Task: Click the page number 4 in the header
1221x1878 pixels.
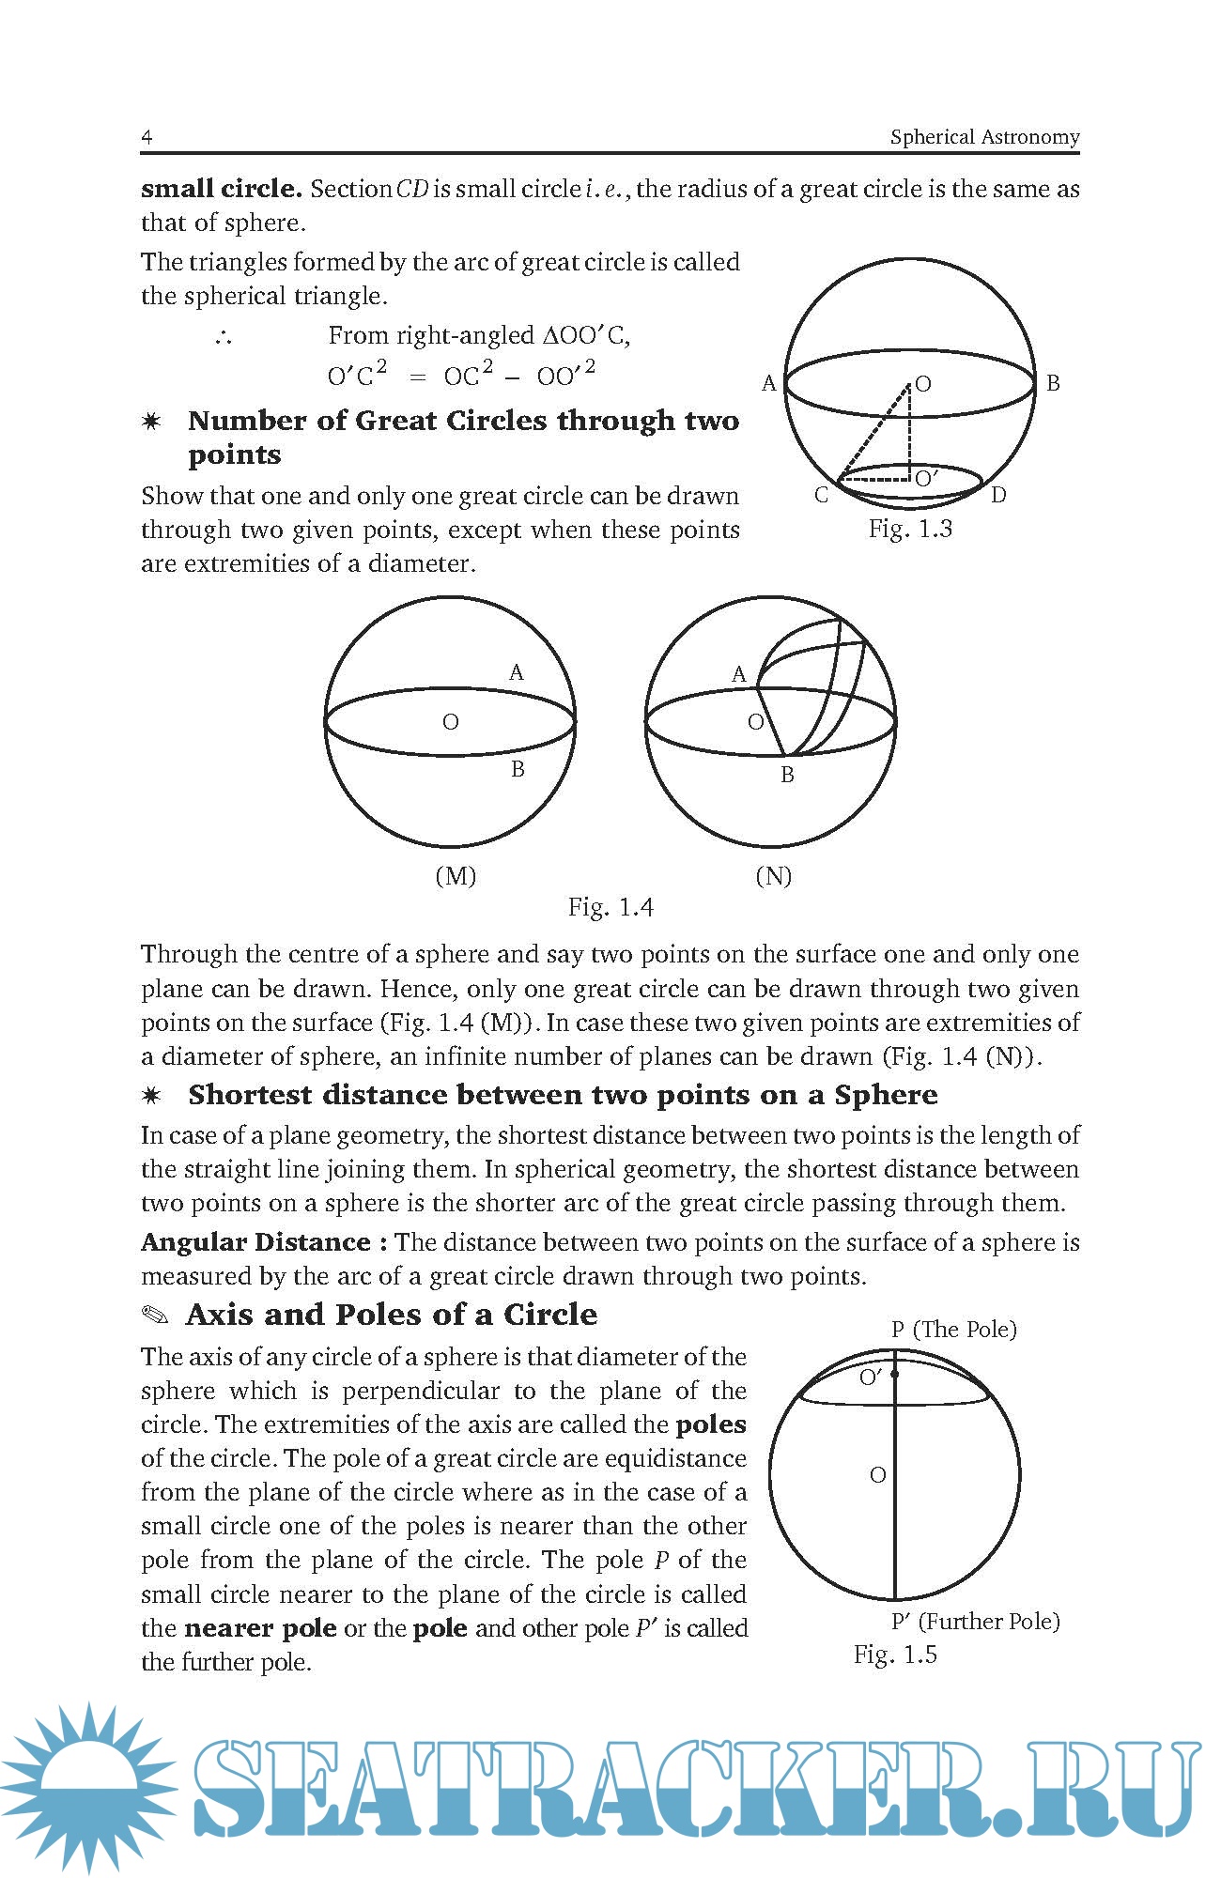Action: pos(147,137)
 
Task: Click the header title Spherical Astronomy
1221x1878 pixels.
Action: pos(984,137)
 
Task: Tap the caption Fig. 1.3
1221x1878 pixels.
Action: pos(909,530)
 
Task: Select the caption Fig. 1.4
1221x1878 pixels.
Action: pos(610,907)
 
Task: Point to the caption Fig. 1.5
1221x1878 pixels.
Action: pos(894,1655)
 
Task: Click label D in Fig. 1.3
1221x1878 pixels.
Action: pos(998,495)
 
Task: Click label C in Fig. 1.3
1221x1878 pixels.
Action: pos(821,495)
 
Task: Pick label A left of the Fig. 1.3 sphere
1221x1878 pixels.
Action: pos(768,383)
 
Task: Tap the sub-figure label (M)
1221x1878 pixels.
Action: pos(456,876)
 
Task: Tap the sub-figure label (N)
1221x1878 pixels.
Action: pos(773,876)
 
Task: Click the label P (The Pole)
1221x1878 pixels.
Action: pos(953,1330)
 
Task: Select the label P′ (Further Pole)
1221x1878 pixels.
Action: pos(975,1622)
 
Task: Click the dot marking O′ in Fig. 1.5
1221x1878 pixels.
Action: pos(895,1375)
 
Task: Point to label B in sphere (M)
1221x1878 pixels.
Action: pos(517,769)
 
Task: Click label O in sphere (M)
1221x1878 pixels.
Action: pos(451,722)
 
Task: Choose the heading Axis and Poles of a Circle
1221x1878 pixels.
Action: pos(392,1315)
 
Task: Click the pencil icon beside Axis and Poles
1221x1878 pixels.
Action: pos(155,1315)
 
